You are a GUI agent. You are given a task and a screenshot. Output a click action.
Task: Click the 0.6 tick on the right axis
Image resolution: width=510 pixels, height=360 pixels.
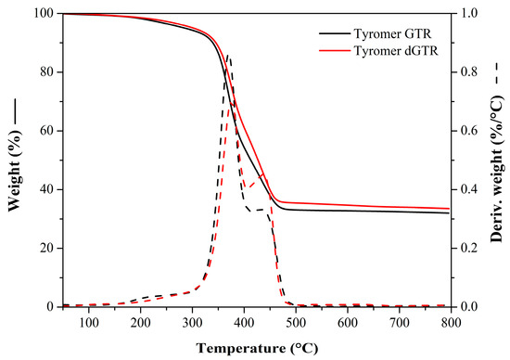click(x=473, y=131)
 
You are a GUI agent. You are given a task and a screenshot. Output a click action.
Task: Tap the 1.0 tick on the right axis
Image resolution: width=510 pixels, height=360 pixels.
click(x=473, y=14)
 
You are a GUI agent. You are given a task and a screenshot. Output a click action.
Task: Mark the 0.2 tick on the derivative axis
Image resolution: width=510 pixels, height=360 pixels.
click(x=473, y=248)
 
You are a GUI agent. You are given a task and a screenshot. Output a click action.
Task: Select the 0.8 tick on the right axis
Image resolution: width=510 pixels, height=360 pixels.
click(x=473, y=72)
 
